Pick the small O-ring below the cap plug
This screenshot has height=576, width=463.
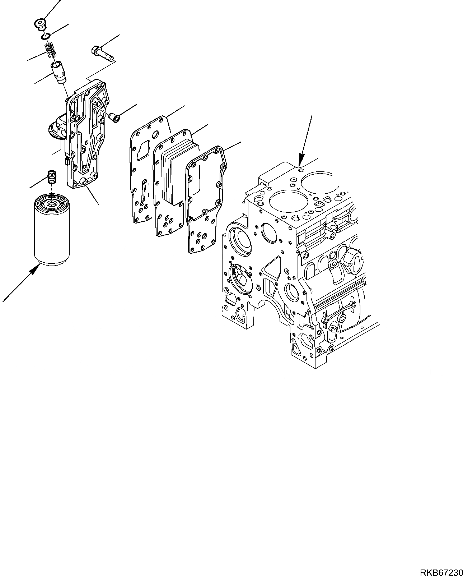click(45, 37)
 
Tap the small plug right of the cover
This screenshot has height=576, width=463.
click(114, 117)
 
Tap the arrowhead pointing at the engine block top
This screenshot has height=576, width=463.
click(300, 158)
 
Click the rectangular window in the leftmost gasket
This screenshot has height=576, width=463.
click(144, 148)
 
